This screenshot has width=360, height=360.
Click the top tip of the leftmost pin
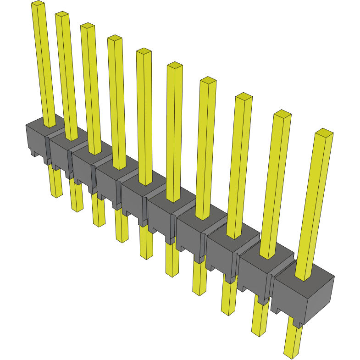pos(38,4)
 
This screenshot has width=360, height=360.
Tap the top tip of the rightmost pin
pos(324,133)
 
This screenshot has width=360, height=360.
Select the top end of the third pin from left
pos(87,27)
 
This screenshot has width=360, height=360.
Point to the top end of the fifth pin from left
pos(144,51)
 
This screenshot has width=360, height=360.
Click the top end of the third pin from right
pos(244,96)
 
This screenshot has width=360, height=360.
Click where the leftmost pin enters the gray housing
pos(50,124)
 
